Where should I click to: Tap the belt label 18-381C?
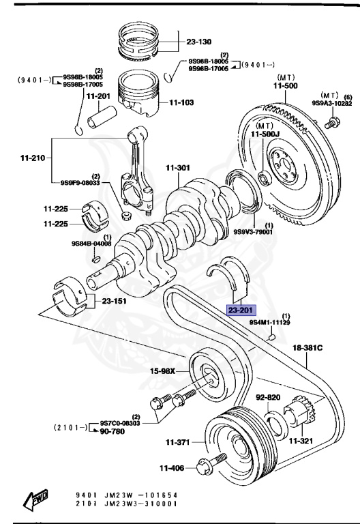pos(307,349)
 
